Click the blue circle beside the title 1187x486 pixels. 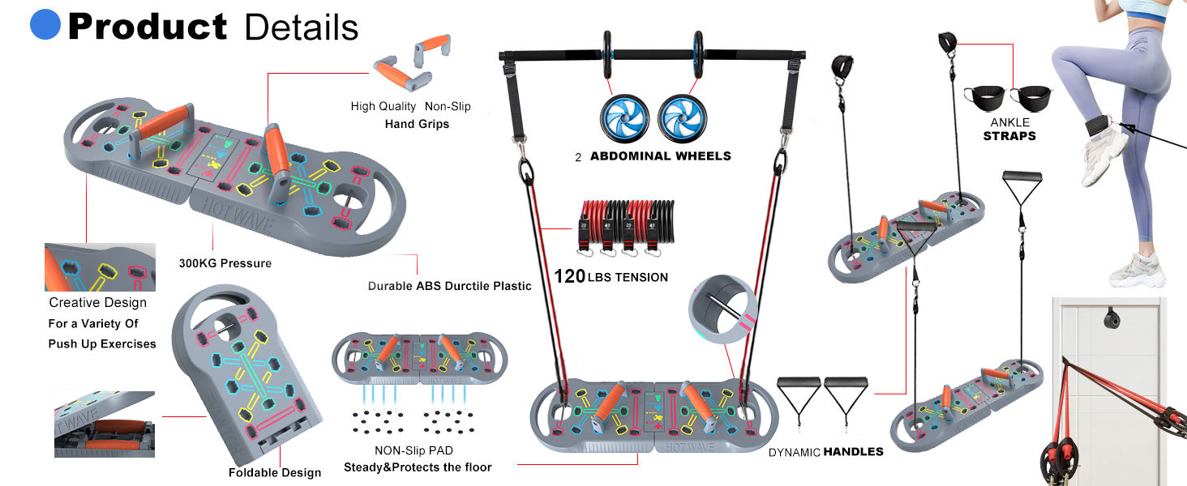click(x=45, y=24)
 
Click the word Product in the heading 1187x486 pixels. click(x=148, y=27)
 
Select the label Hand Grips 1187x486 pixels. click(x=417, y=124)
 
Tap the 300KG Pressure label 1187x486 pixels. click(x=225, y=263)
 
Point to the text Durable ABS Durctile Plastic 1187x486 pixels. click(x=449, y=286)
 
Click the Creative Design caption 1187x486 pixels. click(x=98, y=302)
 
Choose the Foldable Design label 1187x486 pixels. click(x=275, y=472)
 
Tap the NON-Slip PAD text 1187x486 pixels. click(x=414, y=450)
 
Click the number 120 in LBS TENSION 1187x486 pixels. click(x=570, y=276)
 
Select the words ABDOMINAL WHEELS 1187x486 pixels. click(x=661, y=156)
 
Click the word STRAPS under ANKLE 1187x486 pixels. click(x=1009, y=136)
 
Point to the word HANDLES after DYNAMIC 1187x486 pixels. click(x=854, y=452)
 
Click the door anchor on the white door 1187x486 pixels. click(x=1112, y=320)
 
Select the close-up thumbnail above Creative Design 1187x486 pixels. click(x=101, y=267)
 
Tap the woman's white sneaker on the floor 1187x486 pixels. click(x=1138, y=271)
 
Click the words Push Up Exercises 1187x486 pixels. click(x=102, y=344)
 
